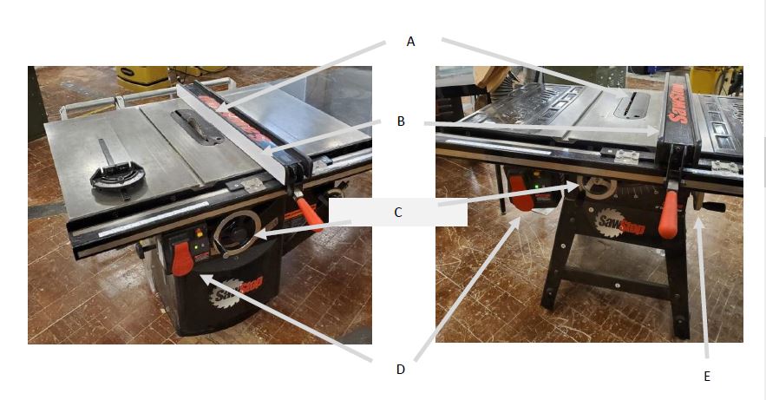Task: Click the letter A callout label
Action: click(410, 42)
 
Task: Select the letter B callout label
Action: click(401, 121)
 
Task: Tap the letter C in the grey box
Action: click(398, 213)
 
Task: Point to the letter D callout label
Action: click(401, 370)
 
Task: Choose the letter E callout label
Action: click(706, 376)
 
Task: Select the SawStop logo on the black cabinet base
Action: click(236, 290)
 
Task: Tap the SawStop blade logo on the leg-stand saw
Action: click(619, 222)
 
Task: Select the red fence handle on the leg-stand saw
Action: click(668, 214)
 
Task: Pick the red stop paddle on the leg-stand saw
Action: click(521, 193)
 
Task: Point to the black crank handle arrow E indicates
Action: click(711, 207)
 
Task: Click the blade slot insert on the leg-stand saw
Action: click(632, 106)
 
